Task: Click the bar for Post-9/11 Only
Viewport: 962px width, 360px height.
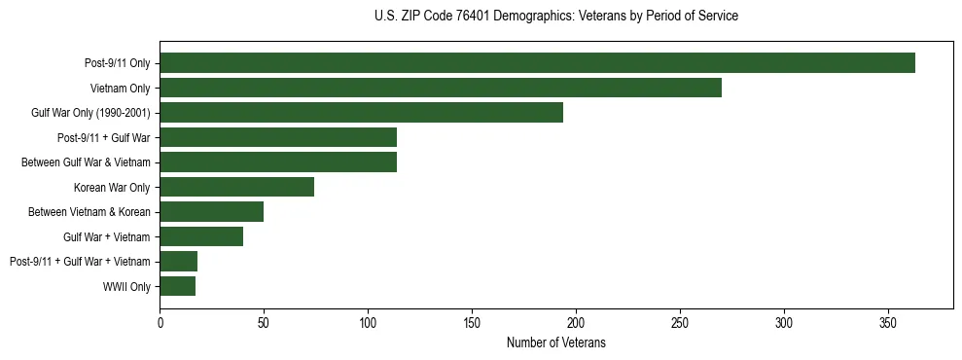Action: point(537,63)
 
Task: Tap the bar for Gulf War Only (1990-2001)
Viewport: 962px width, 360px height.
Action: point(361,113)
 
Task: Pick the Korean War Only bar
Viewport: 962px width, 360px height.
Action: point(236,187)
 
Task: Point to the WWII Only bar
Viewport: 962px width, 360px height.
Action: point(177,286)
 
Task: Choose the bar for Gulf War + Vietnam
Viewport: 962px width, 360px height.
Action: point(201,236)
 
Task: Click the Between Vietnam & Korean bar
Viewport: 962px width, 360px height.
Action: point(211,212)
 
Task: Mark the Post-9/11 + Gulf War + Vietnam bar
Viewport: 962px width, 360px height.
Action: point(178,261)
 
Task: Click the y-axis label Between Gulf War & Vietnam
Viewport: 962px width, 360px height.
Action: point(86,162)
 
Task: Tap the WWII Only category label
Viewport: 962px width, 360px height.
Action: point(126,286)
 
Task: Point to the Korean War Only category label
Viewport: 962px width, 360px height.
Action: point(112,187)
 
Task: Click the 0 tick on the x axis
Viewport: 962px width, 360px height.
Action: point(160,322)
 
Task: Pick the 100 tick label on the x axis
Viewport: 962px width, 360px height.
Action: point(368,322)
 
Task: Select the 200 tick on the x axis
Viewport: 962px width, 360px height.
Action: point(576,322)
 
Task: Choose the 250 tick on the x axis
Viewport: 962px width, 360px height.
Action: point(680,322)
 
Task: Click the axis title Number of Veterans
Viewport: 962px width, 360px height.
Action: point(555,342)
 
